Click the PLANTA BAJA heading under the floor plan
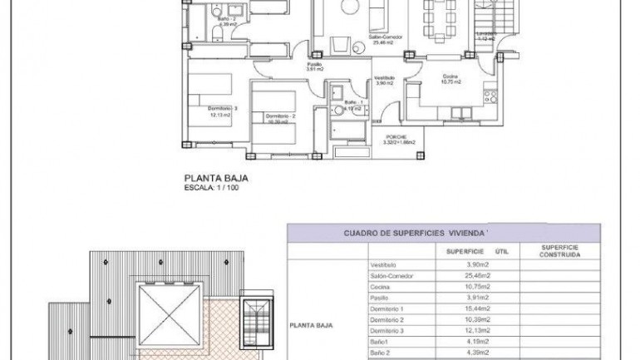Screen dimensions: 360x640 [x=215, y=177]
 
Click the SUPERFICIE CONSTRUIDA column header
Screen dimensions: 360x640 [x=559, y=250]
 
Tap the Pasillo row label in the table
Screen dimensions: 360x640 [x=379, y=297]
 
